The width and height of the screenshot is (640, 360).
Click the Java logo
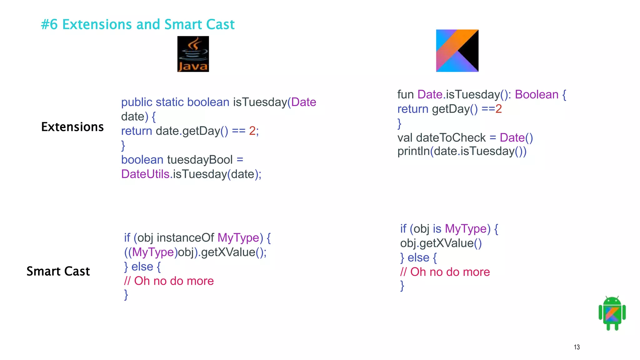coord(193,54)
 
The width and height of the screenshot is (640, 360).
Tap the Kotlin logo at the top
coord(457,51)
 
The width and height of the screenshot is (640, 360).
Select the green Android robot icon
coord(612,313)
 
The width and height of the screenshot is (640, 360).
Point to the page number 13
coord(577,347)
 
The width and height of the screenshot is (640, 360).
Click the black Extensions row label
coord(72,127)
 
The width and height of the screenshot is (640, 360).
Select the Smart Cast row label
coord(58,271)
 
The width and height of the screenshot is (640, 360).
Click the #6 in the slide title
coord(49,24)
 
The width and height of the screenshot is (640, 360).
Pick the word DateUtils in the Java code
coord(145,174)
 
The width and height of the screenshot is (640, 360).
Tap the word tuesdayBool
coord(200,160)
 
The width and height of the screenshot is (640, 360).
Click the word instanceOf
coord(185,238)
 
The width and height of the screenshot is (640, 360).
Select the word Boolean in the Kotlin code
coord(537,94)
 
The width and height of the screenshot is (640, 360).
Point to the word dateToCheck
coord(451,137)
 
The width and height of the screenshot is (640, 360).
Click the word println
coord(413,151)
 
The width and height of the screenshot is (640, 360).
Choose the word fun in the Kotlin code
coord(405,94)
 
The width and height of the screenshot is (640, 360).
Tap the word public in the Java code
coord(137,102)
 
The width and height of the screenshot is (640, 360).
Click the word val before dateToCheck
coord(405,137)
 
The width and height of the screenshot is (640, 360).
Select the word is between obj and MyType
coord(437,229)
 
